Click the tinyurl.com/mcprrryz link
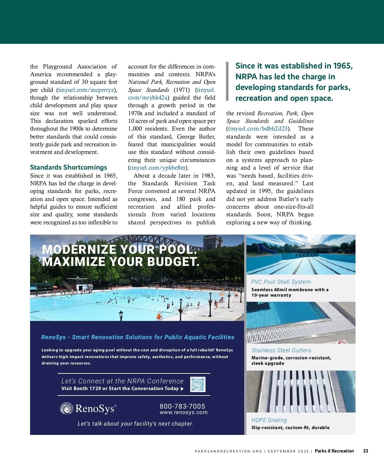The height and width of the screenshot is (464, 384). (x=86, y=90)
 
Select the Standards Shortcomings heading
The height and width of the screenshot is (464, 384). (x=68, y=167)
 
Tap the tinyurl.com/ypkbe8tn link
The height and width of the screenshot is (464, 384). (x=158, y=168)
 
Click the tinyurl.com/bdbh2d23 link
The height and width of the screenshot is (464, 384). (x=258, y=129)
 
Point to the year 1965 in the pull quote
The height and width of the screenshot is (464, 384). (x=342, y=66)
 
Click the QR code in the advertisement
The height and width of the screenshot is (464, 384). (x=198, y=384)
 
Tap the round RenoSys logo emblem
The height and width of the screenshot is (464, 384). (x=67, y=409)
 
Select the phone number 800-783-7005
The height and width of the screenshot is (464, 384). (x=182, y=406)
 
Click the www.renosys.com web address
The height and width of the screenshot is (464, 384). (x=184, y=412)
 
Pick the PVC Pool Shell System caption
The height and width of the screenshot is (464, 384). (x=281, y=282)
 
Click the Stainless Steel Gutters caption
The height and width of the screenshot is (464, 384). (x=281, y=350)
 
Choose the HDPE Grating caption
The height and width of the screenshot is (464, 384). (x=269, y=420)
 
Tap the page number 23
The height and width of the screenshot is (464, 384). (x=365, y=451)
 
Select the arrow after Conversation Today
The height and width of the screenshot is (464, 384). (x=182, y=389)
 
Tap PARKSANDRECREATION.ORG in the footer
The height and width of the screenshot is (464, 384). (x=228, y=451)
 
